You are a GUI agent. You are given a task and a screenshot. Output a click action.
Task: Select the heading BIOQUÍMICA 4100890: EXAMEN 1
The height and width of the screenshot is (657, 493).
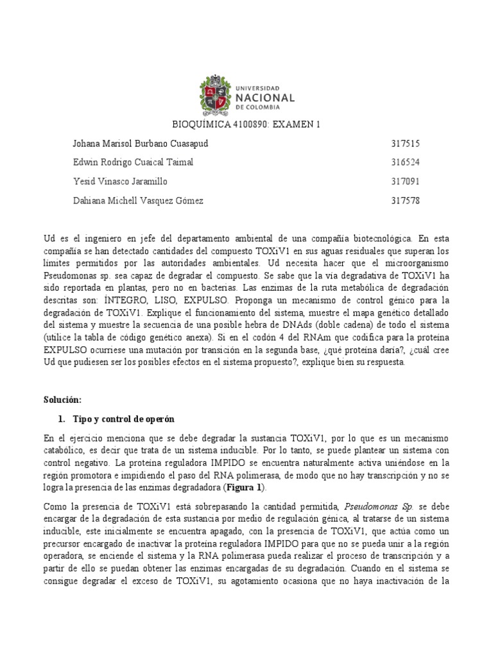point(246,124)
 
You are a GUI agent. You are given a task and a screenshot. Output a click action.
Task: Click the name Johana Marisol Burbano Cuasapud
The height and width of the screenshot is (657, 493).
point(141,143)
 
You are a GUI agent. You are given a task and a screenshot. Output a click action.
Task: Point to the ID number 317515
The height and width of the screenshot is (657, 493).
point(405,143)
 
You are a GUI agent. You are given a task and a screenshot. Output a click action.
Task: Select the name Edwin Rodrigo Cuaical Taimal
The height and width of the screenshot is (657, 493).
point(134,162)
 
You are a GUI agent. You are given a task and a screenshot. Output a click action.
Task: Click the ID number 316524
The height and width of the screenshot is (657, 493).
point(405,162)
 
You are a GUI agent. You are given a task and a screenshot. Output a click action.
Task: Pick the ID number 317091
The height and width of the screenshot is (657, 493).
point(405,182)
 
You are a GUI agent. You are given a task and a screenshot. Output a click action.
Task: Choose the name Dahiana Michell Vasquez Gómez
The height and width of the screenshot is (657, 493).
point(139,201)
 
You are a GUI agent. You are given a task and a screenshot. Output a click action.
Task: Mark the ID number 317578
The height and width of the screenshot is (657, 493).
point(405,201)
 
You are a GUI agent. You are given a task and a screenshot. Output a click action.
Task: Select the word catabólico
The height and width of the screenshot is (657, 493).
point(67,450)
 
